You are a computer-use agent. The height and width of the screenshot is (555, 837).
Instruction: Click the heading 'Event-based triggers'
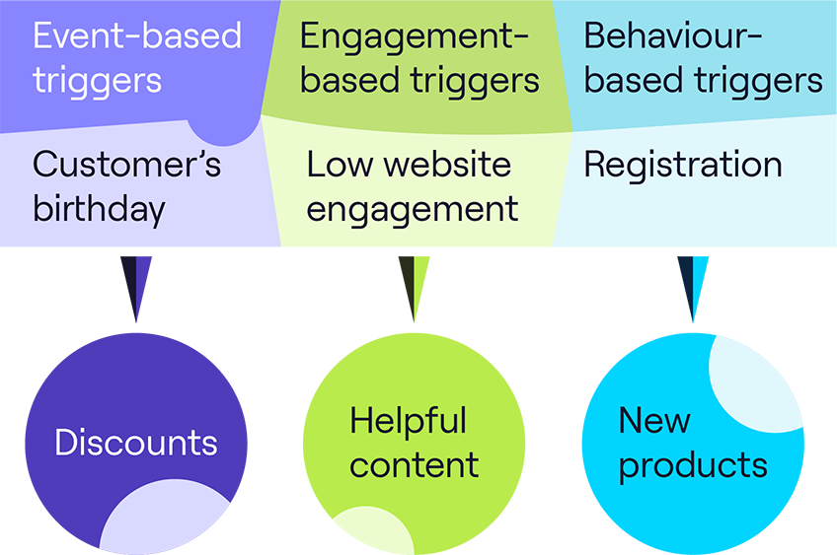click(x=136, y=58)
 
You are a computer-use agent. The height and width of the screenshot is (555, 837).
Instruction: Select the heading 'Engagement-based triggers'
click(x=419, y=58)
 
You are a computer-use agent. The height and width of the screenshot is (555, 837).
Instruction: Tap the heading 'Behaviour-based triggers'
click(x=703, y=58)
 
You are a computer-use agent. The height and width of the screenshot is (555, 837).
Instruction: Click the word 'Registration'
click(x=683, y=165)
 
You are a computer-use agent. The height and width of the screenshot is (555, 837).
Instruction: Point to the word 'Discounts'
click(x=136, y=443)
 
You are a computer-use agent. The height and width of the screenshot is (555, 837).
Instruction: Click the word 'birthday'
click(x=99, y=209)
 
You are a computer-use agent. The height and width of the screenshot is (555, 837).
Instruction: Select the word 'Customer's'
click(x=126, y=165)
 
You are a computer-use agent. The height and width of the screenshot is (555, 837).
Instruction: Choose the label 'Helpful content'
click(x=414, y=443)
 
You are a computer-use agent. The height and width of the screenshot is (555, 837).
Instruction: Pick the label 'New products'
click(x=692, y=443)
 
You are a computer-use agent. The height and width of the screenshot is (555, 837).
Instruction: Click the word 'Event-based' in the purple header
click(x=136, y=36)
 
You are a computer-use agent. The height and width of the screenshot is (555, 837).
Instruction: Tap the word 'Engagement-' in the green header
click(x=415, y=36)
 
